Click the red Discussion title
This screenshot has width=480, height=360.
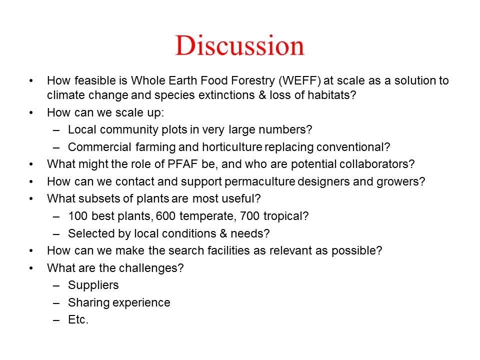click(x=239, y=45)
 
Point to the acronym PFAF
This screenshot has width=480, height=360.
click(x=182, y=164)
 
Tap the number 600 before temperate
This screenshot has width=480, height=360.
click(x=165, y=216)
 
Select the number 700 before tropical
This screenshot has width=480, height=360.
click(x=250, y=216)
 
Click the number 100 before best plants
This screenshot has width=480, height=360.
click(x=78, y=216)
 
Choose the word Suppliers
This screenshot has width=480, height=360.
click(x=93, y=285)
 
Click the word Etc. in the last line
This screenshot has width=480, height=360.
click(x=78, y=319)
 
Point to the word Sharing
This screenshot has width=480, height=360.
click(x=89, y=303)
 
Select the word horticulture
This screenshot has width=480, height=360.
click(x=232, y=147)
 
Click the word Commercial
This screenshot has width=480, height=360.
click(x=99, y=147)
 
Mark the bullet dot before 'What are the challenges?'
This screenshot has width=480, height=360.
click(x=31, y=268)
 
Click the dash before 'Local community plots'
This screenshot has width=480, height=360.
click(x=56, y=130)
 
